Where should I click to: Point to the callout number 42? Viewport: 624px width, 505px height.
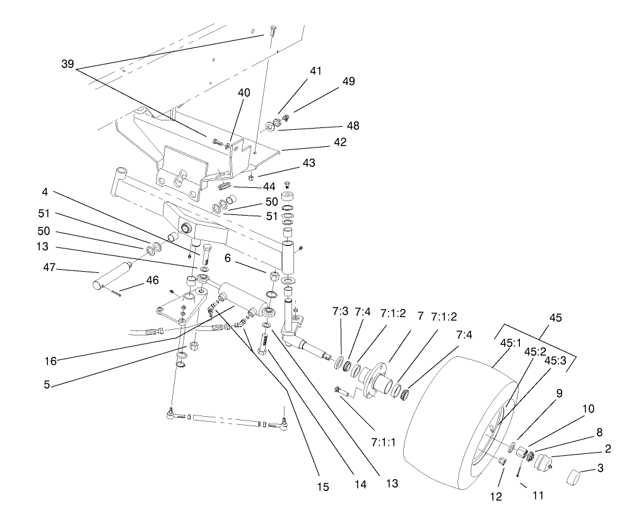pos(340,142)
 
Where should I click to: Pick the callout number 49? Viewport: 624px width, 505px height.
pos(348,81)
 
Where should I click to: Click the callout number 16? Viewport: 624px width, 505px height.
pos(50,361)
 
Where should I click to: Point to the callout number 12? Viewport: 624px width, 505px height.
pos(497,496)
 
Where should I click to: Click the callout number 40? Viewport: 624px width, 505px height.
pos(244,93)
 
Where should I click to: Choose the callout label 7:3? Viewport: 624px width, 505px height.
pos(340,311)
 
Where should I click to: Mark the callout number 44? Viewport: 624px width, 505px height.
pos(269,187)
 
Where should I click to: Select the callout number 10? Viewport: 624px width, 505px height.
pos(587,409)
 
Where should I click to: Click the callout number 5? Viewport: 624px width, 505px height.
pos(47,383)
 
